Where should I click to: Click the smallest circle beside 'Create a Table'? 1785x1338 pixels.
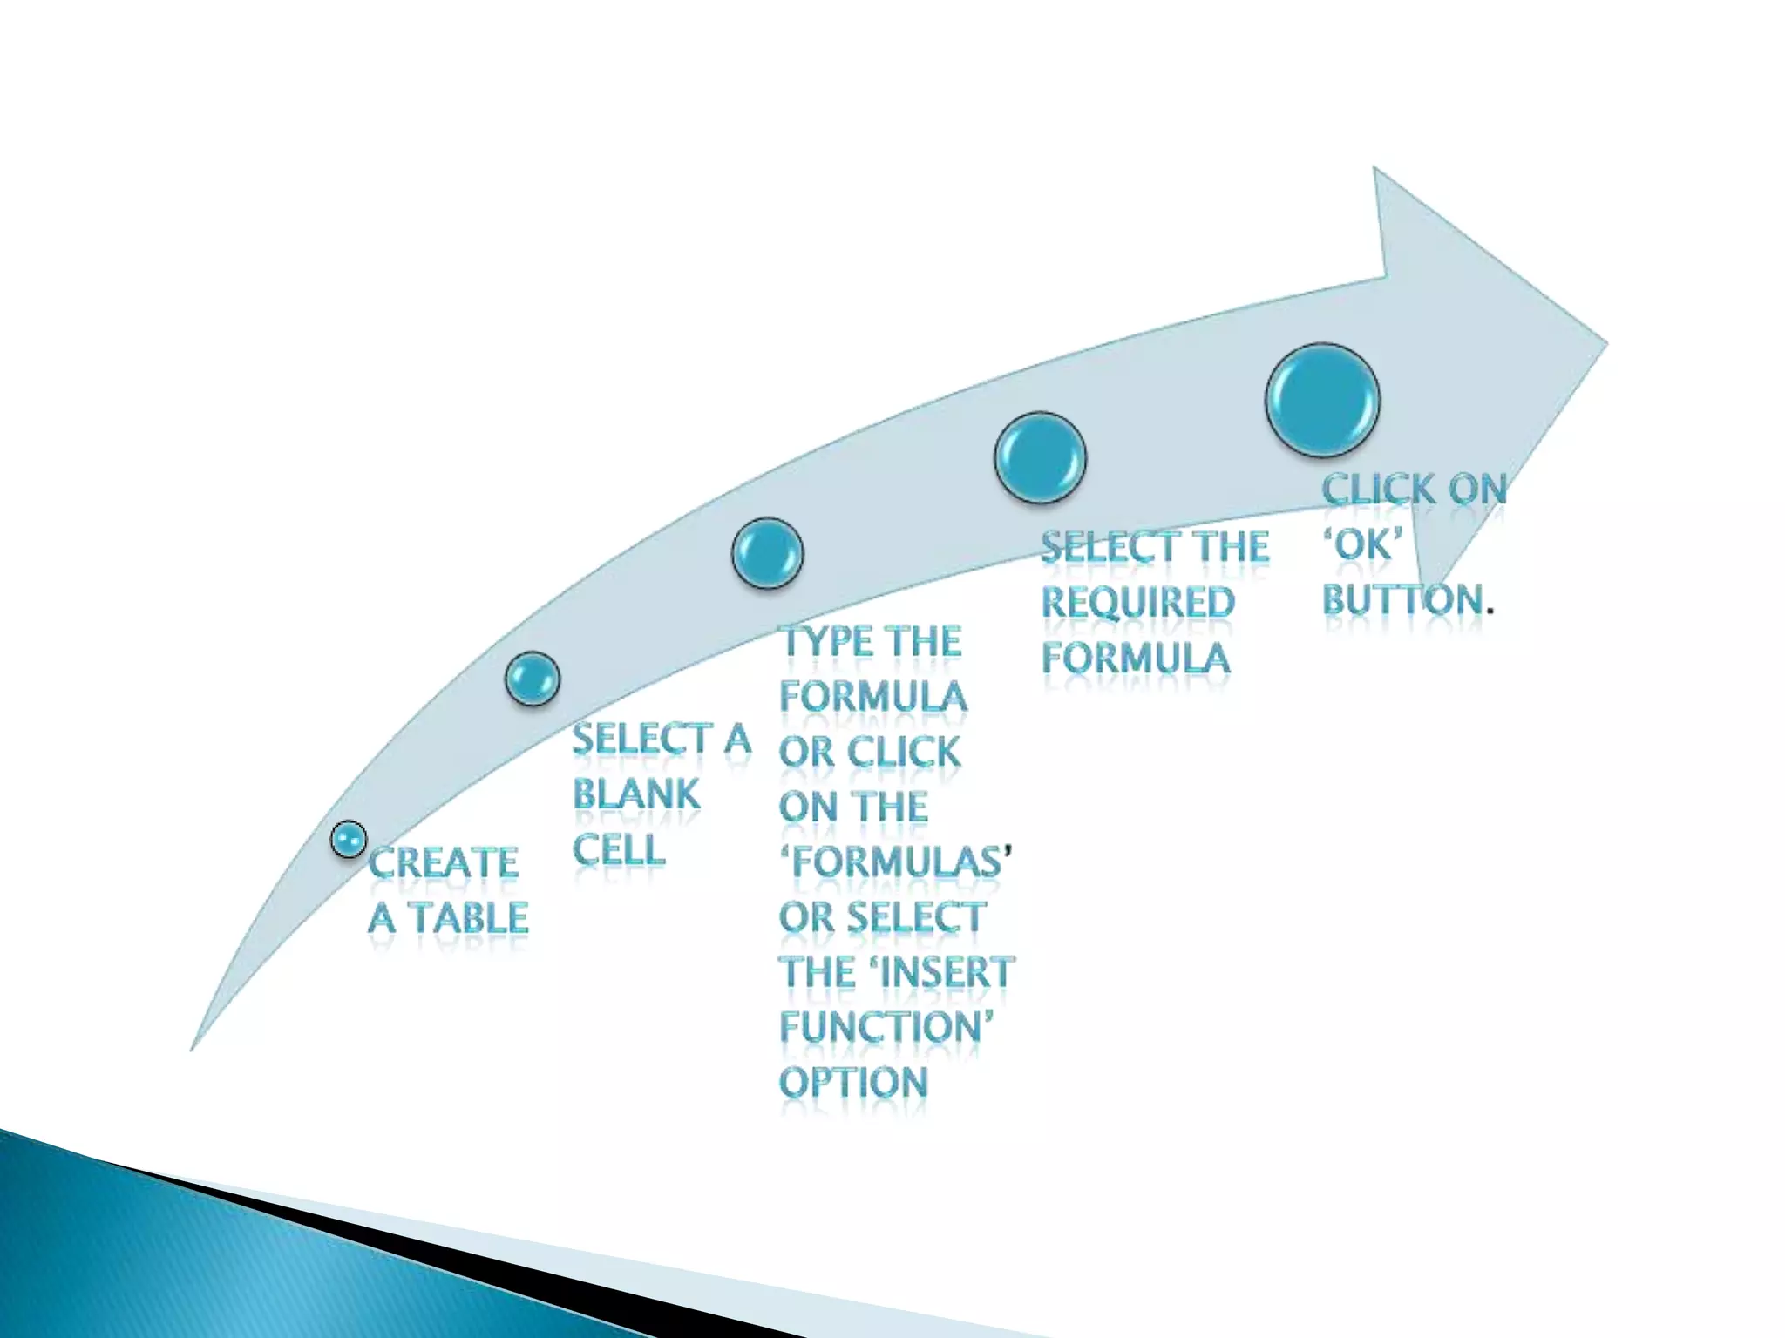click(x=349, y=840)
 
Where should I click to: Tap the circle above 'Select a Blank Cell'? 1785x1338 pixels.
click(x=532, y=679)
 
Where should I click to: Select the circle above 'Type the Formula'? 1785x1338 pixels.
click(x=767, y=554)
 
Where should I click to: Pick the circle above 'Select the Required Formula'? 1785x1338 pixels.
click(x=1040, y=458)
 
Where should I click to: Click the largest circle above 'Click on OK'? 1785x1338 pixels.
click(x=1322, y=401)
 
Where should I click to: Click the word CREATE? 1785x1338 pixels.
click(x=444, y=863)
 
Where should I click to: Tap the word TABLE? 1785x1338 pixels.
click(x=470, y=918)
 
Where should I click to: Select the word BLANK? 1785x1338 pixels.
click(x=636, y=794)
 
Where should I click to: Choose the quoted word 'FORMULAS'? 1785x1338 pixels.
click(x=896, y=862)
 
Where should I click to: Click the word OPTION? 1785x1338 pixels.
click(x=853, y=1083)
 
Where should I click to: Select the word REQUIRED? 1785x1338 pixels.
click(x=1138, y=603)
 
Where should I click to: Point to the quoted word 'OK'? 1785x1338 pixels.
click(x=1363, y=545)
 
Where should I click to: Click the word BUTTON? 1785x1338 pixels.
click(x=1402, y=600)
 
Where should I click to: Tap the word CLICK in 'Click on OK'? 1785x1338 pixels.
click(x=1378, y=490)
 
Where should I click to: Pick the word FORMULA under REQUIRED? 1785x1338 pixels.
click(x=1136, y=658)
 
